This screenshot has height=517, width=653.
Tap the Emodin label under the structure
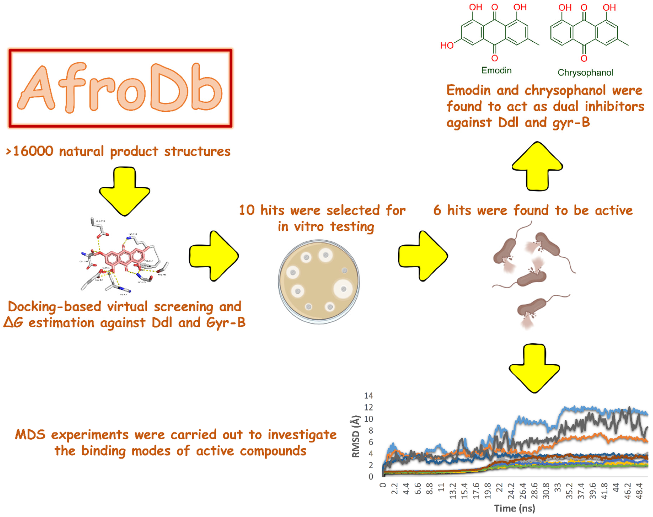pyautogui.click(x=496, y=71)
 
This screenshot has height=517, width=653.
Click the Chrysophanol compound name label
pyautogui.click(x=585, y=73)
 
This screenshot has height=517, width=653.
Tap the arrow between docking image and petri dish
pyautogui.click(x=214, y=256)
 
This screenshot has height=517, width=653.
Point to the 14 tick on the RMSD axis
pyautogui.click(x=368, y=396)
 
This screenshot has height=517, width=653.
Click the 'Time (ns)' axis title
pyautogui.click(x=514, y=508)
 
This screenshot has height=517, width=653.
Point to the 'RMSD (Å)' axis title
pyautogui.click(x=356, y=436)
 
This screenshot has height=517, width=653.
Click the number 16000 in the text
pyautogui.click(x=33, y=151)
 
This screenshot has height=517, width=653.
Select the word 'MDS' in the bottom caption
pyautogui.click(x=30, y=435)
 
